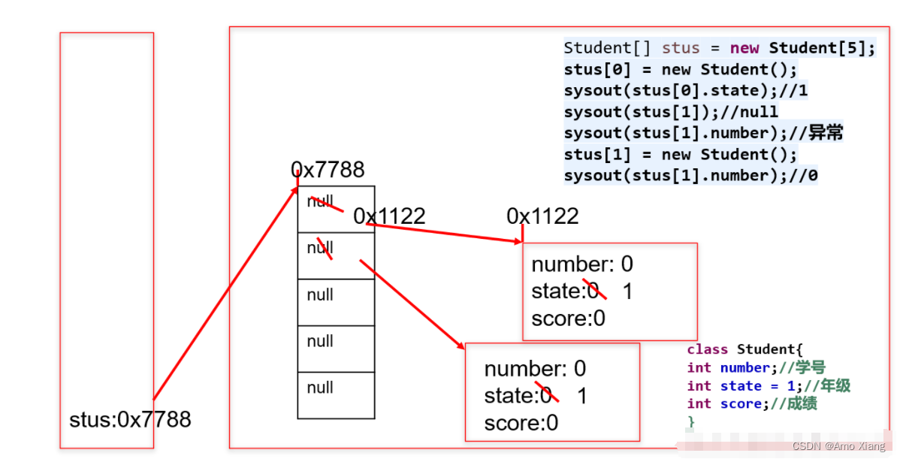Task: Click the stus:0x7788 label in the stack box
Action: [x=130, y=419]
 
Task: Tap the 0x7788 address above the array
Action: [x=328, y=170]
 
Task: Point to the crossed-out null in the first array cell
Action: [x=320, y=202]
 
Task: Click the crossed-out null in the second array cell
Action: [x=320, y=249]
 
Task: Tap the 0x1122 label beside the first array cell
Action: [x=389, y=216]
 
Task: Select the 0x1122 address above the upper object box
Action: [x=542, y=216]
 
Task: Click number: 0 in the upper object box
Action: [x=582, y=264]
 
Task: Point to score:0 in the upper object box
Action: [x=568, y=319]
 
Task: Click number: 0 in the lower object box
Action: [x=535, y=369]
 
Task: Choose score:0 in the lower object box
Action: [x=521, y=423]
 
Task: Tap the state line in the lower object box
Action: [x=535, y=396]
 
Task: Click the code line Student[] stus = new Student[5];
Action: [x=719, y=48]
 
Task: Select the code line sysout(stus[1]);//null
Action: [x=671, y=112]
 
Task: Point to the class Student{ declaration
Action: [x=744, y=349]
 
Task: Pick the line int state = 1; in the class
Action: [x=768, y=386]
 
